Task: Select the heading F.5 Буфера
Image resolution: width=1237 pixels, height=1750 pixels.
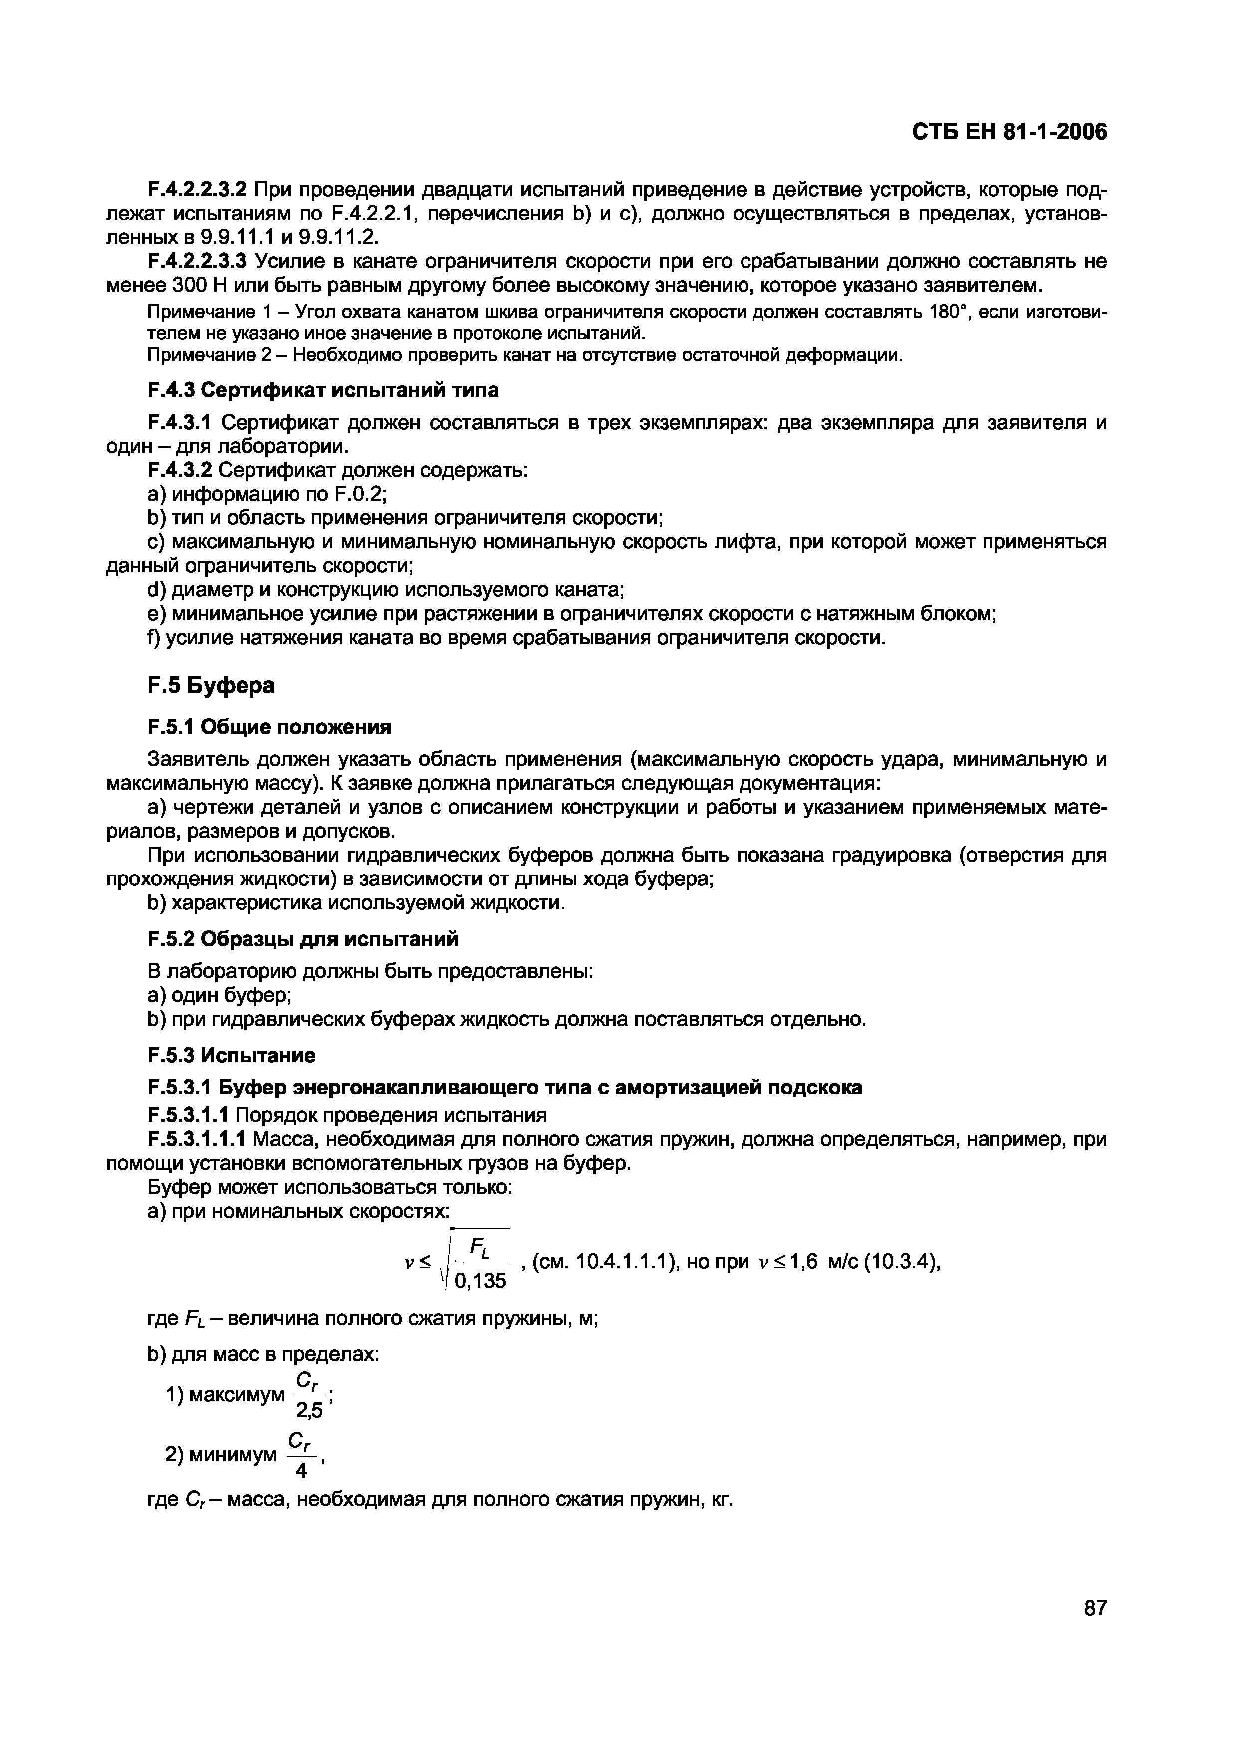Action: click(x=211, y=686)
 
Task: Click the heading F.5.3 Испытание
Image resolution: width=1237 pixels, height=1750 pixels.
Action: click(x=231, y=1055)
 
